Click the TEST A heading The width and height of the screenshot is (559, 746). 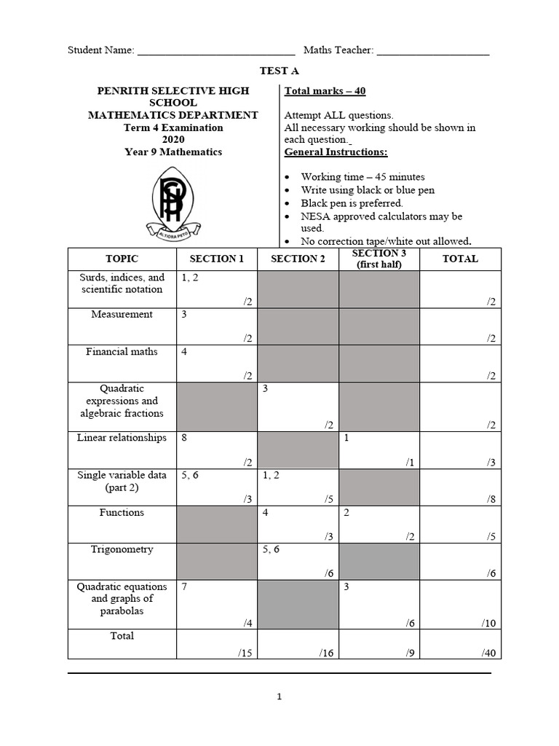click(x=279, y=71)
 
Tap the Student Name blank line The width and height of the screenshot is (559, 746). click(x=216, y=52)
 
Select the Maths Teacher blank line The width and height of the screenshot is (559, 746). click(x=433, y=52)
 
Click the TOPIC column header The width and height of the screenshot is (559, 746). click(x=122, y=259)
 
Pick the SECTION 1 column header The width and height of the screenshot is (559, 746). click(x=217, y=259)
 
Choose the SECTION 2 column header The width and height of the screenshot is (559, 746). click(x=298, y=259)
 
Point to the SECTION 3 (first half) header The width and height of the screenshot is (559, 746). click(x=379, y=259)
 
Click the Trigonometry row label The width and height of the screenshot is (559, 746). click(x=122, y=549)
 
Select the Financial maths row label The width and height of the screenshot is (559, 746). click(x=122, y=351)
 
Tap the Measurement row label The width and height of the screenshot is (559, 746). click(x=122, y=314)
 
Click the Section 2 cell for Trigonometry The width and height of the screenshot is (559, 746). click(x=298, y=562)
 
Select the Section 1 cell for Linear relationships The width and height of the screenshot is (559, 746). click(x=217, y=449)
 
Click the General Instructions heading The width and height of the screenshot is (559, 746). click(x=336, y=152)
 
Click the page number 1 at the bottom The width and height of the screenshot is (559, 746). click(x=279, y=697)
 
